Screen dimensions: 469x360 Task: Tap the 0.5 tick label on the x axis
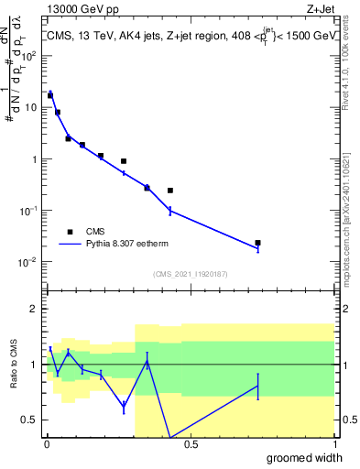190,444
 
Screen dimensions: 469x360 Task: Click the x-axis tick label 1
333,444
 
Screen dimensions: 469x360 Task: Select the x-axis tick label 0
46,444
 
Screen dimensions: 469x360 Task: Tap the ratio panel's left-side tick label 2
34,309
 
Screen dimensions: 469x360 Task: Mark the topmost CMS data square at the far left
50,94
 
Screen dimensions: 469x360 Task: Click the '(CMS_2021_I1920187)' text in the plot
190,274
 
